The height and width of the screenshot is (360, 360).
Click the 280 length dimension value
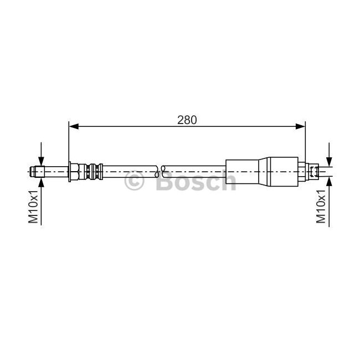[187, 120]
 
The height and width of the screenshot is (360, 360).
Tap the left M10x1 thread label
[33, 207]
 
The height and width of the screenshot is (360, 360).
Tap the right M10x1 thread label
[321, 207]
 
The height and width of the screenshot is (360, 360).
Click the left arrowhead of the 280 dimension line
[74, 126]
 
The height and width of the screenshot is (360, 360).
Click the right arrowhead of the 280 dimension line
[301, 126]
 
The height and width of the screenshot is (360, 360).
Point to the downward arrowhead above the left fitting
[41, 161]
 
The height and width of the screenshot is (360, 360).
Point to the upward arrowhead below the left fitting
[41, 182]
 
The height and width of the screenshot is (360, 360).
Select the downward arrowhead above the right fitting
[329, 161]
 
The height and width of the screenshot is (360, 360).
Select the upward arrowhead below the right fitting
[329, 181]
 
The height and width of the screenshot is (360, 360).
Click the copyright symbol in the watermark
[135, 181]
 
